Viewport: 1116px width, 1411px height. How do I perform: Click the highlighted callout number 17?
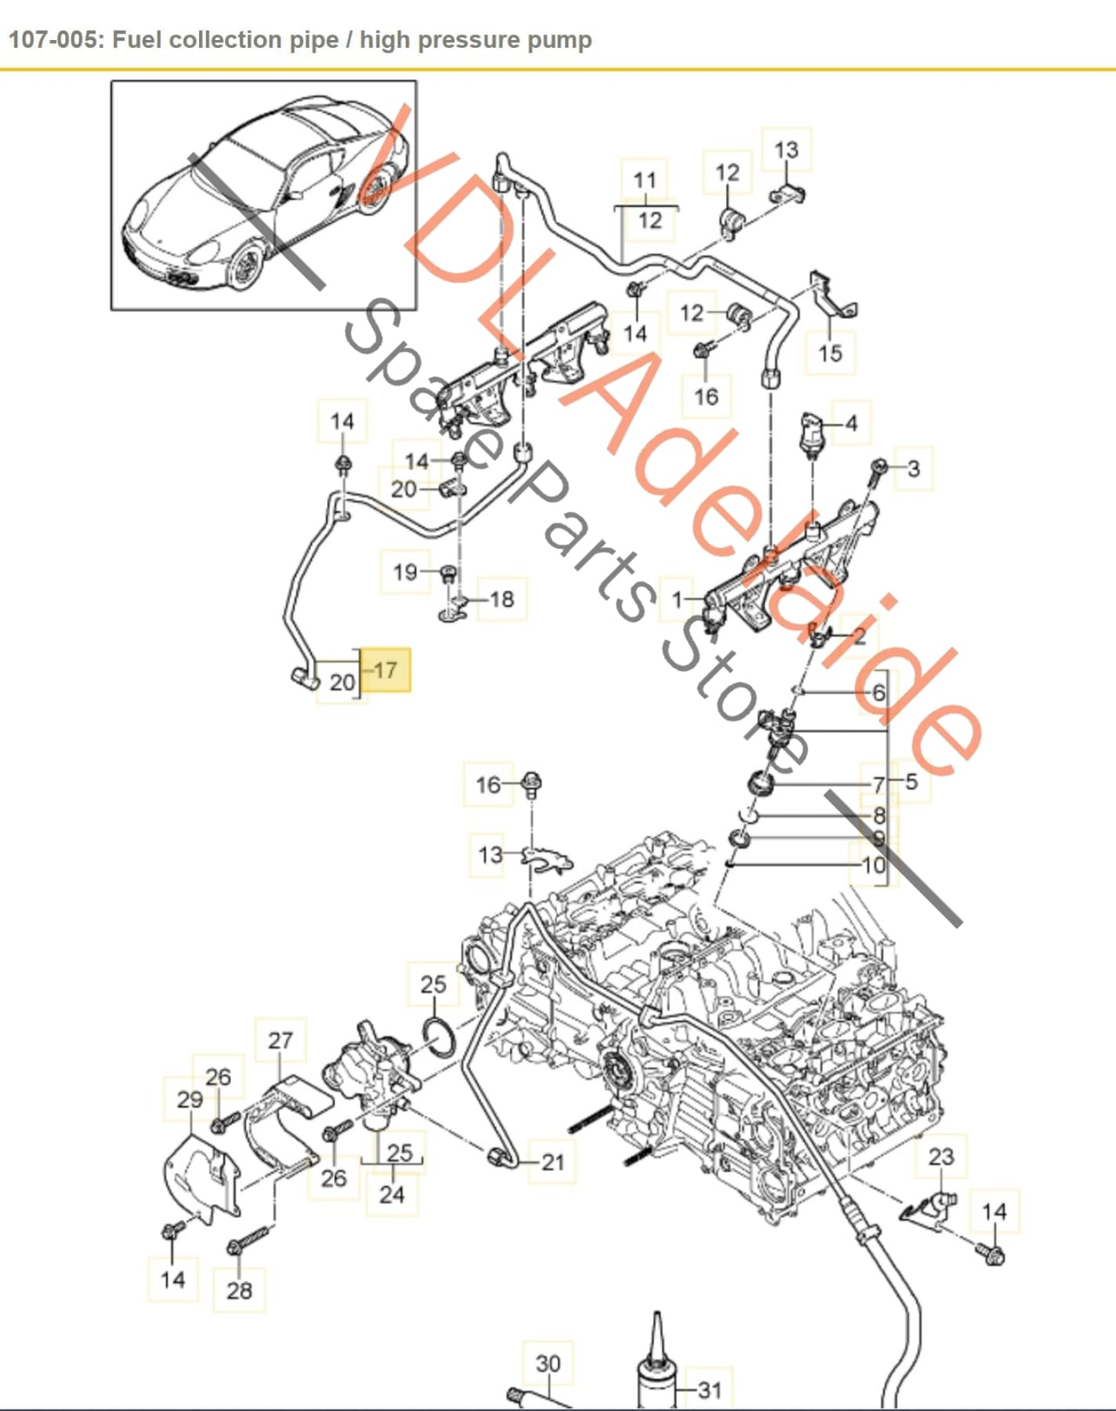tap(386, 670)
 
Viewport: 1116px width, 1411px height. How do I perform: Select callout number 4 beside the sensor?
tap(851, 424)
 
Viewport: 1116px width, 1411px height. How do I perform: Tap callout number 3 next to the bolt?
tap(913, 469)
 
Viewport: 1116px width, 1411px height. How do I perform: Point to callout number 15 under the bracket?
tap(830, 354)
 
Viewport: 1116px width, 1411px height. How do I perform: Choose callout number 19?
tap(404, 572)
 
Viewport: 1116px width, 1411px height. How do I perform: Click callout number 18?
tap(502, 600)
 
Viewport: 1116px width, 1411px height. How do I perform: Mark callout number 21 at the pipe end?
tap(553, 1162)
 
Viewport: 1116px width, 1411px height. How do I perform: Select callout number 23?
tap(941, 1157)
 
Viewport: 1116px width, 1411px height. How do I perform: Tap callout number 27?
tap(280, 1040)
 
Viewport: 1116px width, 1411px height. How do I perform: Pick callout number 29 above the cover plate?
tap(190, 1100)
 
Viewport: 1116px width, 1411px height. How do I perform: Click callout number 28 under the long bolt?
tap(239, 1290)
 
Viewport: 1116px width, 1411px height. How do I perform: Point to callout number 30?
tap(548, 1364)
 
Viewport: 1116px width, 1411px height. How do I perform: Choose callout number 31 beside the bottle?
tap(709, 1391)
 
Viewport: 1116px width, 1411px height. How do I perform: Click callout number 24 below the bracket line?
tap(392, 1195)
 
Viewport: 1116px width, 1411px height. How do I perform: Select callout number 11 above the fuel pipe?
tap(644, 181)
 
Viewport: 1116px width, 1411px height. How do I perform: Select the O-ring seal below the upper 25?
tap(440, 1036)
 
